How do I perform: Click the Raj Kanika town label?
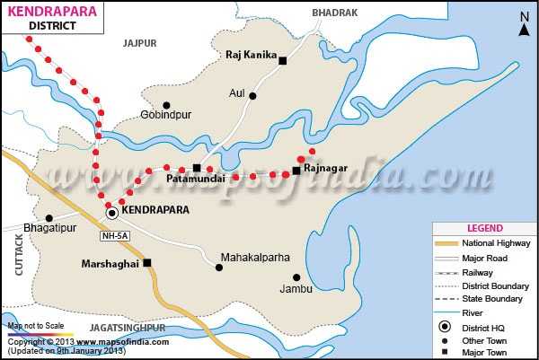coord(249,55)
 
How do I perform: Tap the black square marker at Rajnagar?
coord(296,171)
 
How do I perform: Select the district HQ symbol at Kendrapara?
coord(111,213)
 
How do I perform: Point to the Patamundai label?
coord(194,180)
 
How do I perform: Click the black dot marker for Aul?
coord(253,96)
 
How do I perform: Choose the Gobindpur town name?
coord(167,115)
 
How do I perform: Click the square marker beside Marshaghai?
coord(147,263)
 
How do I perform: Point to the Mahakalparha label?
coord(256,257)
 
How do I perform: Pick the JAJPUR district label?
coord(139,42)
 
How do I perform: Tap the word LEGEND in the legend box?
coord(484,229)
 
